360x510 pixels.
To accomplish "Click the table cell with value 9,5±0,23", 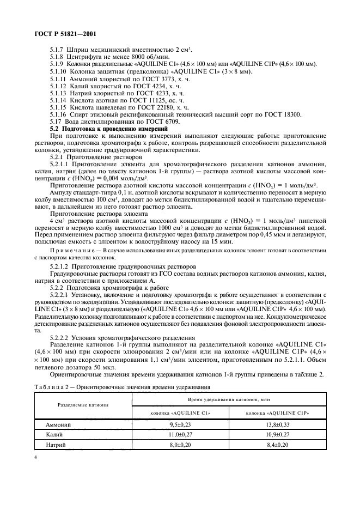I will coord(180,423).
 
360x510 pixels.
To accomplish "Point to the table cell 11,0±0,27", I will coord(180,434).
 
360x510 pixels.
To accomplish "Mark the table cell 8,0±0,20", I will coord(180,445).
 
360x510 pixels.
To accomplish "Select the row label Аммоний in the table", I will coord(58,423).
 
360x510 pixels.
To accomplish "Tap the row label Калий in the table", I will coord(54,434).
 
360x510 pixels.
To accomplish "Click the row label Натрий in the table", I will coord(56,445).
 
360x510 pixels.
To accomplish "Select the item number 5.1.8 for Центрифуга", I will coord(58,57).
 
